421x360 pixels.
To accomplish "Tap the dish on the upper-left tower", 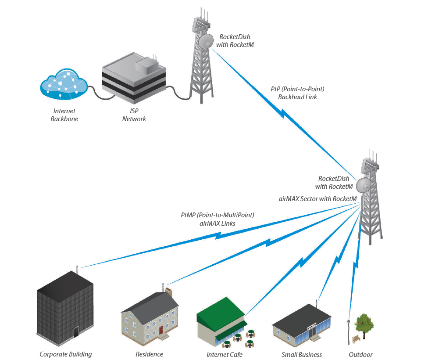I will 205,42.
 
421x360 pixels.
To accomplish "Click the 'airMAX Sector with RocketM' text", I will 318,198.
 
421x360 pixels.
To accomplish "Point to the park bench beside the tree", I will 355,338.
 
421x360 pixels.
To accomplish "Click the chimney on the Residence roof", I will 169,291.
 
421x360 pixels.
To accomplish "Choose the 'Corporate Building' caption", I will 66,354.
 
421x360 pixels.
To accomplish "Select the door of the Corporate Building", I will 76,331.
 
